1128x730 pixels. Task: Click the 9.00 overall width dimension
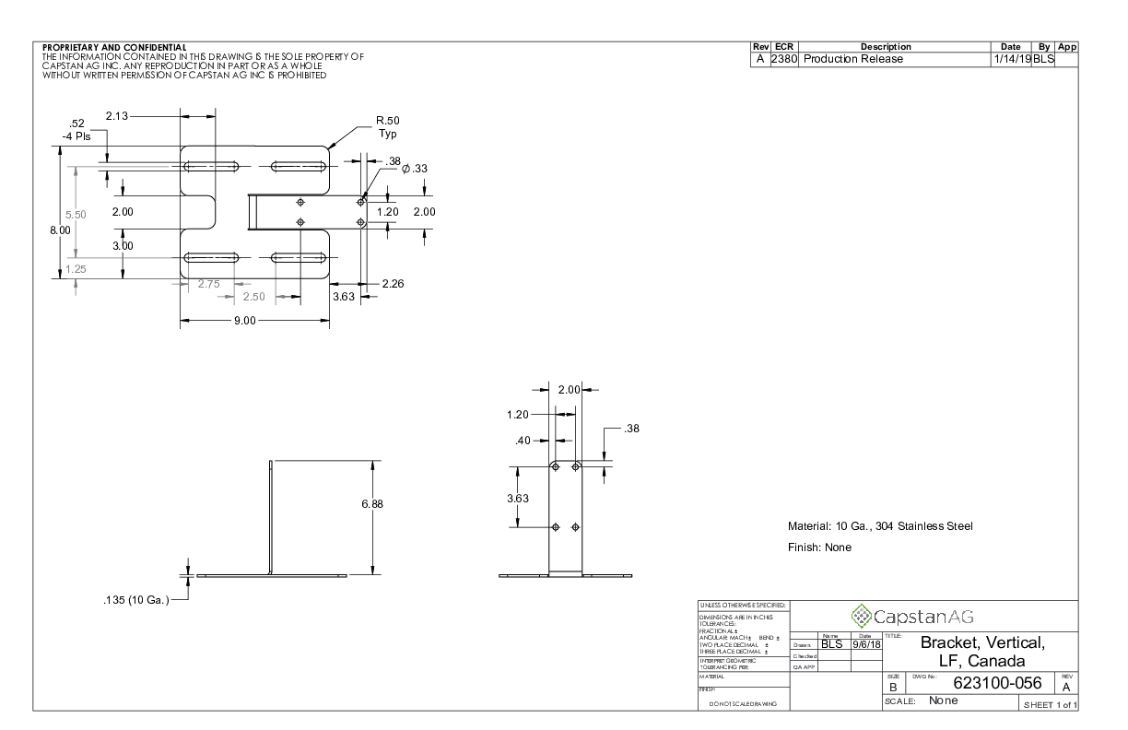[x=244, y=320]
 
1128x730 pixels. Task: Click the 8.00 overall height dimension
[x=60, y=230]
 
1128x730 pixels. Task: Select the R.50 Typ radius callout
[x=387, y=126]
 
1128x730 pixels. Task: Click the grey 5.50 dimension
[x=75, y=214]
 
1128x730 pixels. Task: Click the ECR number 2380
[x=786, y=59]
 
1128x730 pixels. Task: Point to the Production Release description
[x=852, y=59]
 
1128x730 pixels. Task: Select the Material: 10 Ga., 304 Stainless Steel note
[x=880, y=526]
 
